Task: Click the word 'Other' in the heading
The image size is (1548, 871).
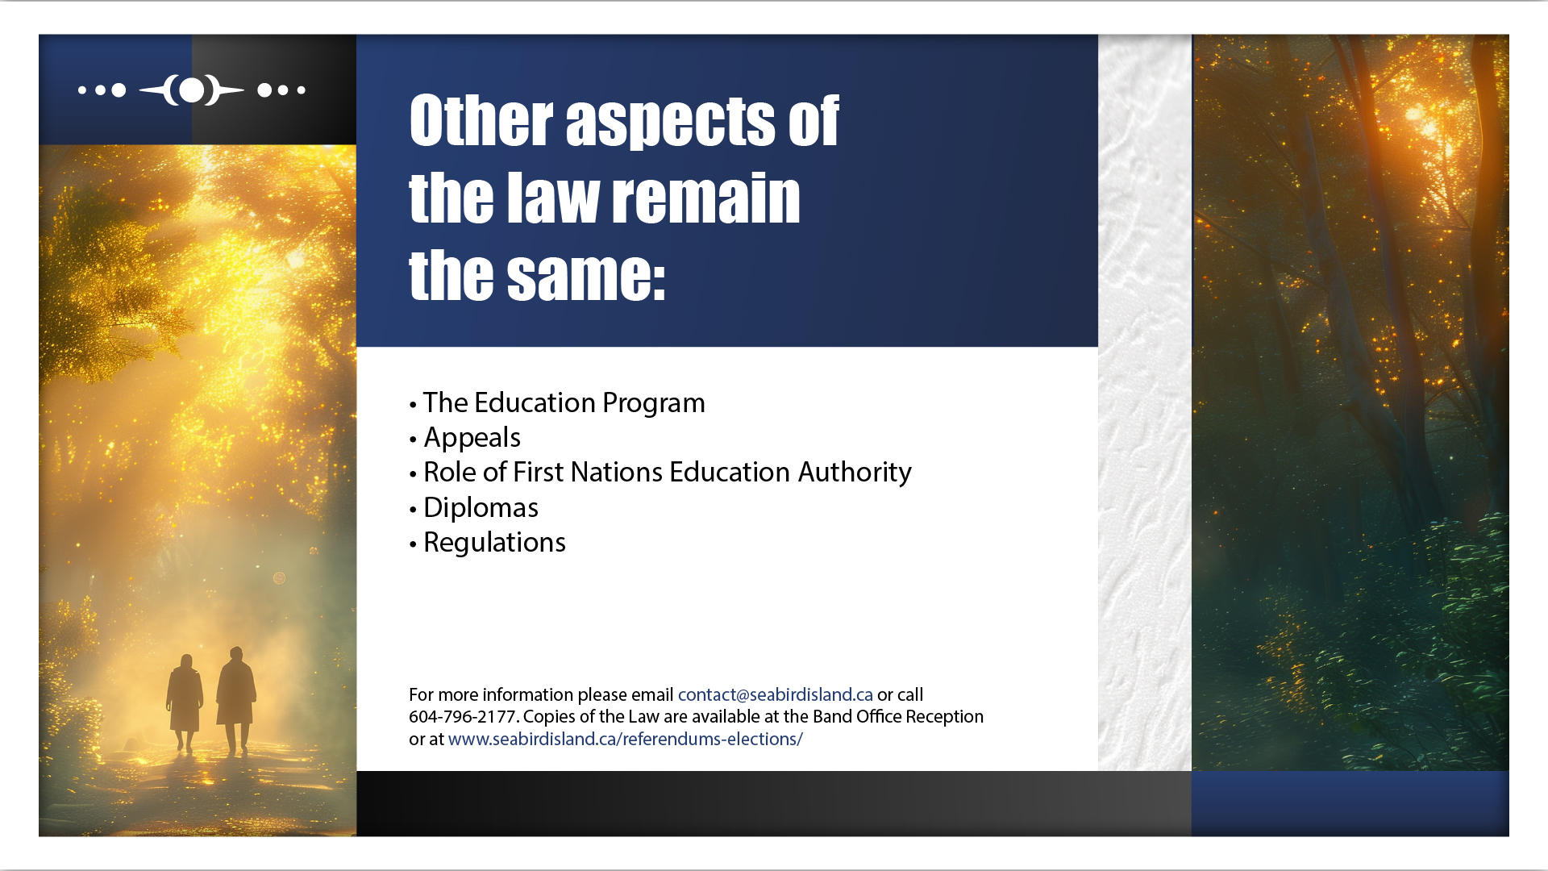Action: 481,121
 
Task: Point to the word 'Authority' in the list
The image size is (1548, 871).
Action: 855,473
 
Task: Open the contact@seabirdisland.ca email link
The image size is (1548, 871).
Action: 776,694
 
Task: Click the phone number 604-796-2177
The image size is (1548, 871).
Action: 462,716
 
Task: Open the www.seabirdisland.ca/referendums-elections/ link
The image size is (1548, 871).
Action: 626,739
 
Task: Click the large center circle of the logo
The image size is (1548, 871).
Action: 192,90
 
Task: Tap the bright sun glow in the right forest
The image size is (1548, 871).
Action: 1419,117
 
